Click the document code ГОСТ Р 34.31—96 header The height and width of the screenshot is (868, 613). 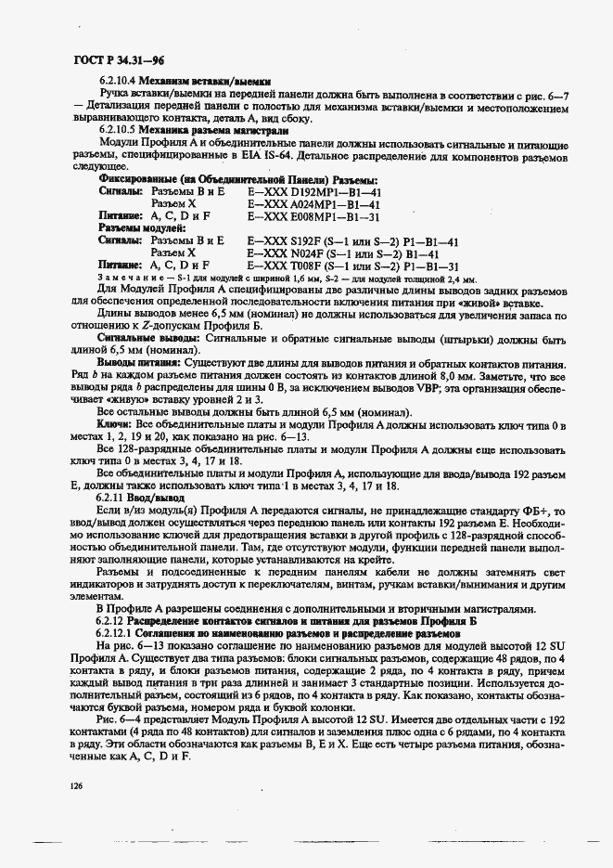click(x=110, y=58)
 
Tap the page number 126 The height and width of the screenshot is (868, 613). click(x=77, y=785)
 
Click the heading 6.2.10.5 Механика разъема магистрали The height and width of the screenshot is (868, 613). click(x=193, y=131)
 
